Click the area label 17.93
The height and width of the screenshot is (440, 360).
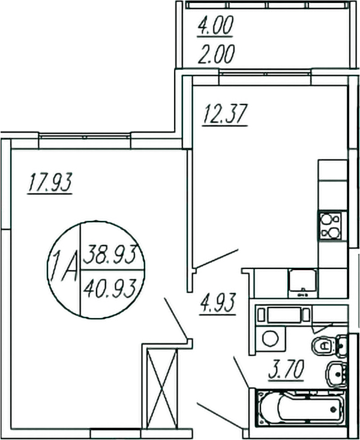point(50,182)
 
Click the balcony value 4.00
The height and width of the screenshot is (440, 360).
point(216,27)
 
